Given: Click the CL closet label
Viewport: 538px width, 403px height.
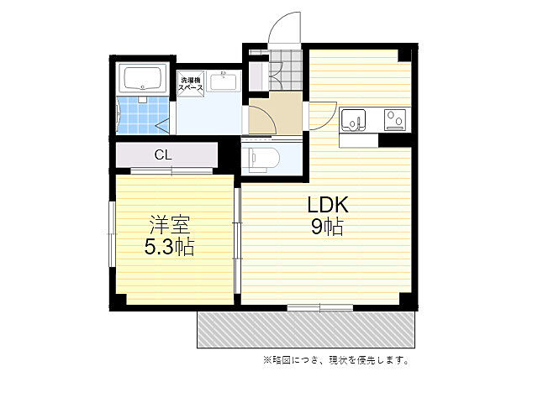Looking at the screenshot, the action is tap(163, 154).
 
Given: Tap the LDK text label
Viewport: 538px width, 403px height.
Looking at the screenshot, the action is tap(328, 205).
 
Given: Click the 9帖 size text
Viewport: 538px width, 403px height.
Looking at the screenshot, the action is tap(327, 227).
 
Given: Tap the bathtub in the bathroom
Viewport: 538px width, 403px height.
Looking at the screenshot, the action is tap(142, 78).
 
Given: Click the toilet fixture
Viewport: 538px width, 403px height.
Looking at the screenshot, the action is tap(263, 158).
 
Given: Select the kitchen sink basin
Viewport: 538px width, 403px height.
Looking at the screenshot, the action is tap(353, 120).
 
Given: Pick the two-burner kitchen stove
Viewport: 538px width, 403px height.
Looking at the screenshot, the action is tap(395, 119).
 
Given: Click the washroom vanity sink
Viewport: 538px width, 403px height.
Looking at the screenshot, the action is tap(224, 82).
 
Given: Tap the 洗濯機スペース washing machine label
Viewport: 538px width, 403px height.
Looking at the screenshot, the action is tap(191, 84).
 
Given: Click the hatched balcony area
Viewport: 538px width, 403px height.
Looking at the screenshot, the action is tap(306, 329).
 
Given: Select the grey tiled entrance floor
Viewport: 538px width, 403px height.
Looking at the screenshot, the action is tap(286, 71).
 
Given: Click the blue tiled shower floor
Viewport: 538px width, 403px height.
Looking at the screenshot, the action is tap(143, 115).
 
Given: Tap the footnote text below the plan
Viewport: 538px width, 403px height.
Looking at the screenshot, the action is tap(336, 360).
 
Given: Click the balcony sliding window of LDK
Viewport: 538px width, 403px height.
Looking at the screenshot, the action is tap(320, 307).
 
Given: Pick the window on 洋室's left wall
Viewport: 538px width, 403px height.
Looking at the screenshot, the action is tap(112, 234).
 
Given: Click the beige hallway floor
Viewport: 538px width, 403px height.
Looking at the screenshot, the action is tap(276, 113).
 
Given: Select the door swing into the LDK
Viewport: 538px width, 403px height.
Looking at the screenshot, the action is tap(323, 116).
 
